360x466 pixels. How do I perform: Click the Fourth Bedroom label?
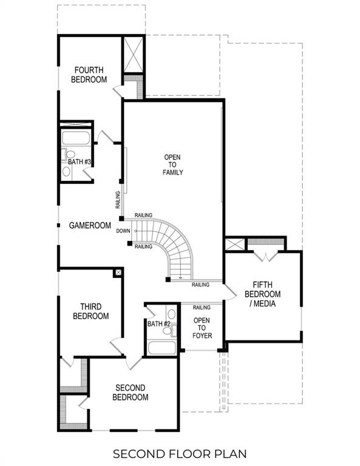89,75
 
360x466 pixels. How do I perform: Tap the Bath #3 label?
79,161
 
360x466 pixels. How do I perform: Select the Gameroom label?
90,225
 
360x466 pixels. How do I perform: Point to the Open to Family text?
172,165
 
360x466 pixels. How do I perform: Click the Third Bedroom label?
90,311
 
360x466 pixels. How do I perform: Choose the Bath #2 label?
158,324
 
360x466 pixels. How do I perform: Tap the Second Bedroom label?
130,392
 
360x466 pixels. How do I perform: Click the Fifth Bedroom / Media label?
262,294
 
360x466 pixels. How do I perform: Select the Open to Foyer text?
202,328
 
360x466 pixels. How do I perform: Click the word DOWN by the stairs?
123,231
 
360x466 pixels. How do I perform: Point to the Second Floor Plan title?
180,453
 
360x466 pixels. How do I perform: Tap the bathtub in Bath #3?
76,137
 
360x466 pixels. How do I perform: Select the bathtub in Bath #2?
162,348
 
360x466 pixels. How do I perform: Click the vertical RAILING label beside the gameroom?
118,200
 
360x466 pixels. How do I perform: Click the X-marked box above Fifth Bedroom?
234,245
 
